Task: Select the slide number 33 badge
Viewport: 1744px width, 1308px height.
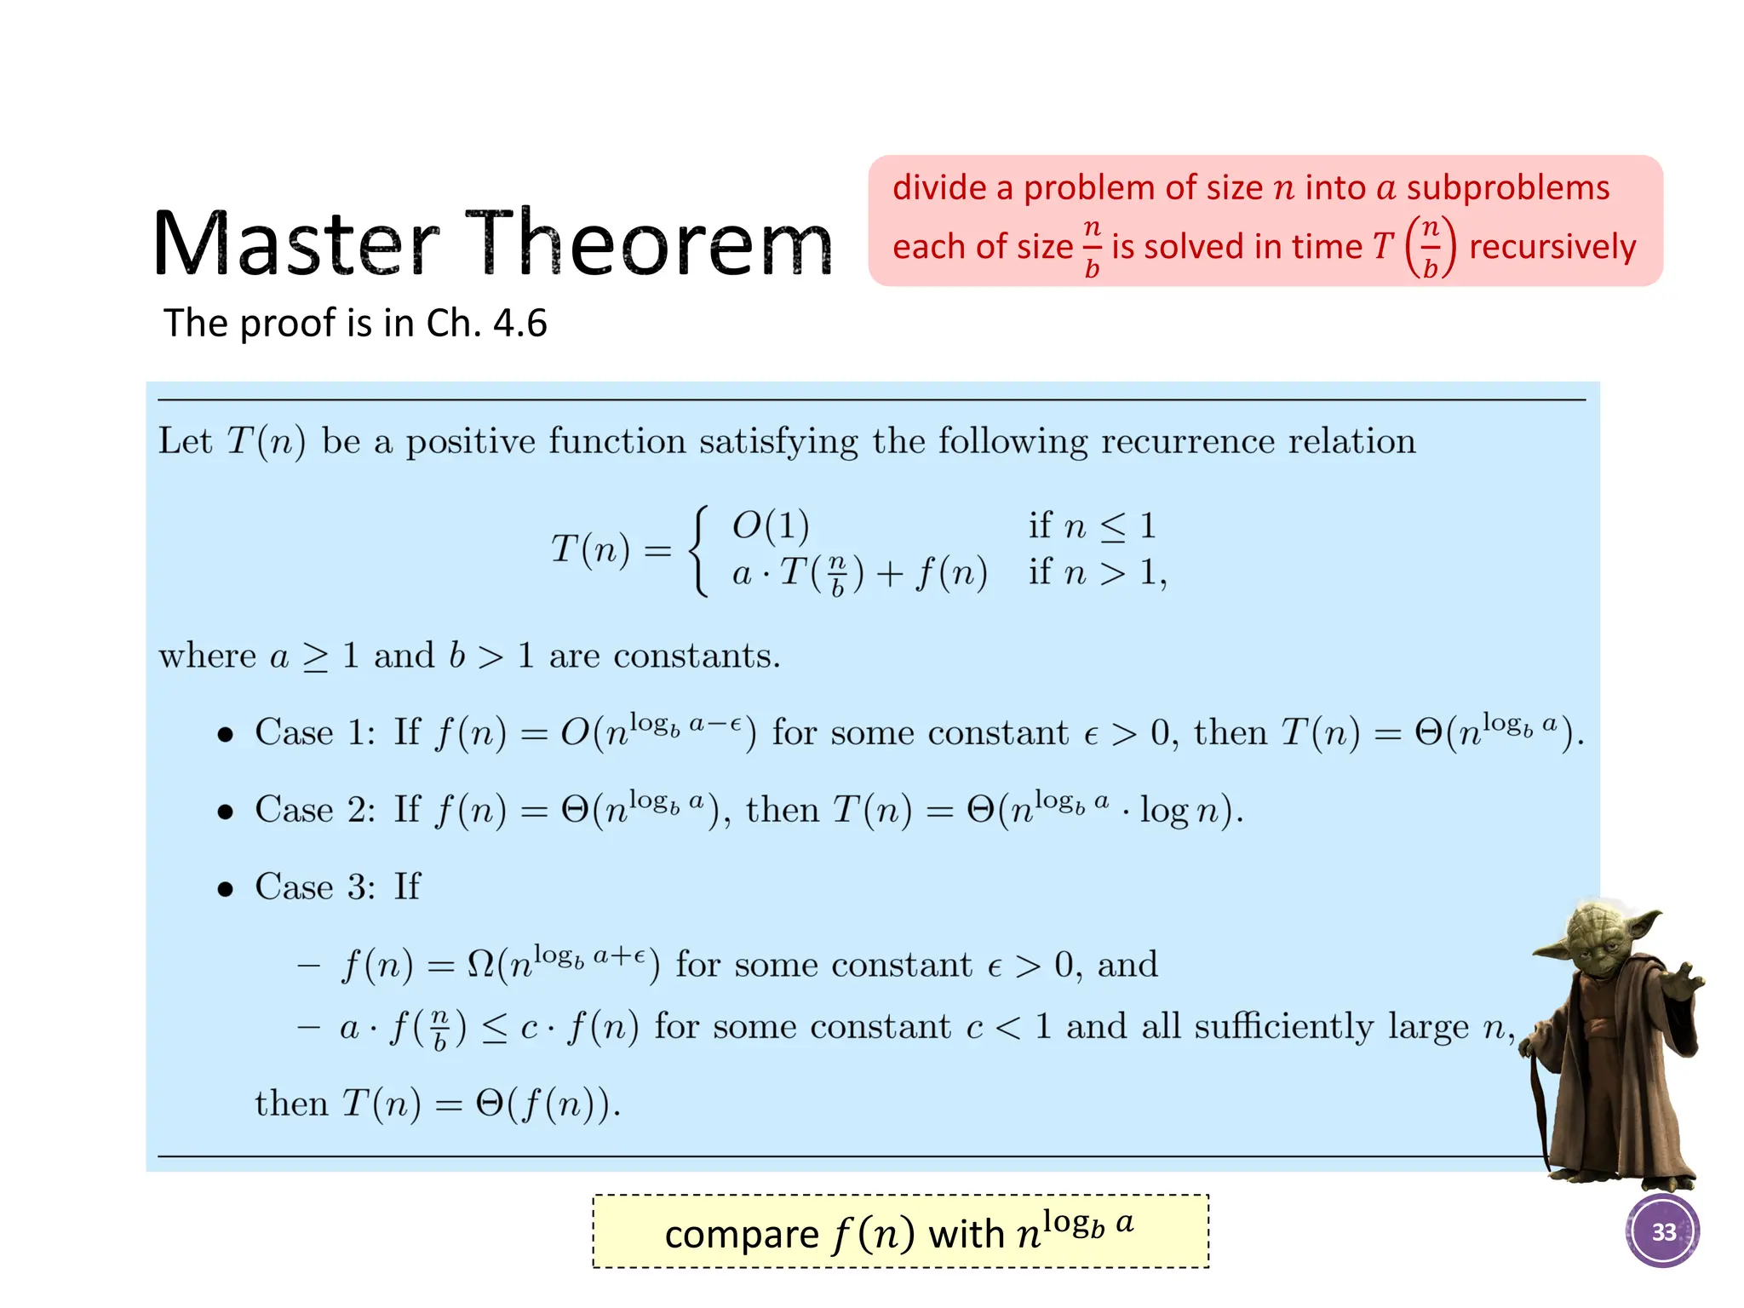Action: (1662, 1231)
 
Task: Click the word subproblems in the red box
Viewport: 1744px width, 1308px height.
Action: (1507, 188)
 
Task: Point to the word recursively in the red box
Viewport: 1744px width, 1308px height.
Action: (1552, 247)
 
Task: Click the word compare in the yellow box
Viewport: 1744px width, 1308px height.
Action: (741, 1234)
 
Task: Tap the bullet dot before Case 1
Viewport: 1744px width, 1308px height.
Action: (225, 735)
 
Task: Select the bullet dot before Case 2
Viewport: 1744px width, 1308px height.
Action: (225, 812)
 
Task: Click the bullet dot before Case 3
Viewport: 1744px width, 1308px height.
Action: (225, 890)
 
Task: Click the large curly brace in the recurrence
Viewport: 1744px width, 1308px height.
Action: (699, 550)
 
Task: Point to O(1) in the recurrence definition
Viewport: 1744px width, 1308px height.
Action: (770, 525)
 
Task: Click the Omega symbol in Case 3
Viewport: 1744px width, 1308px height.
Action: (481, 965)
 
